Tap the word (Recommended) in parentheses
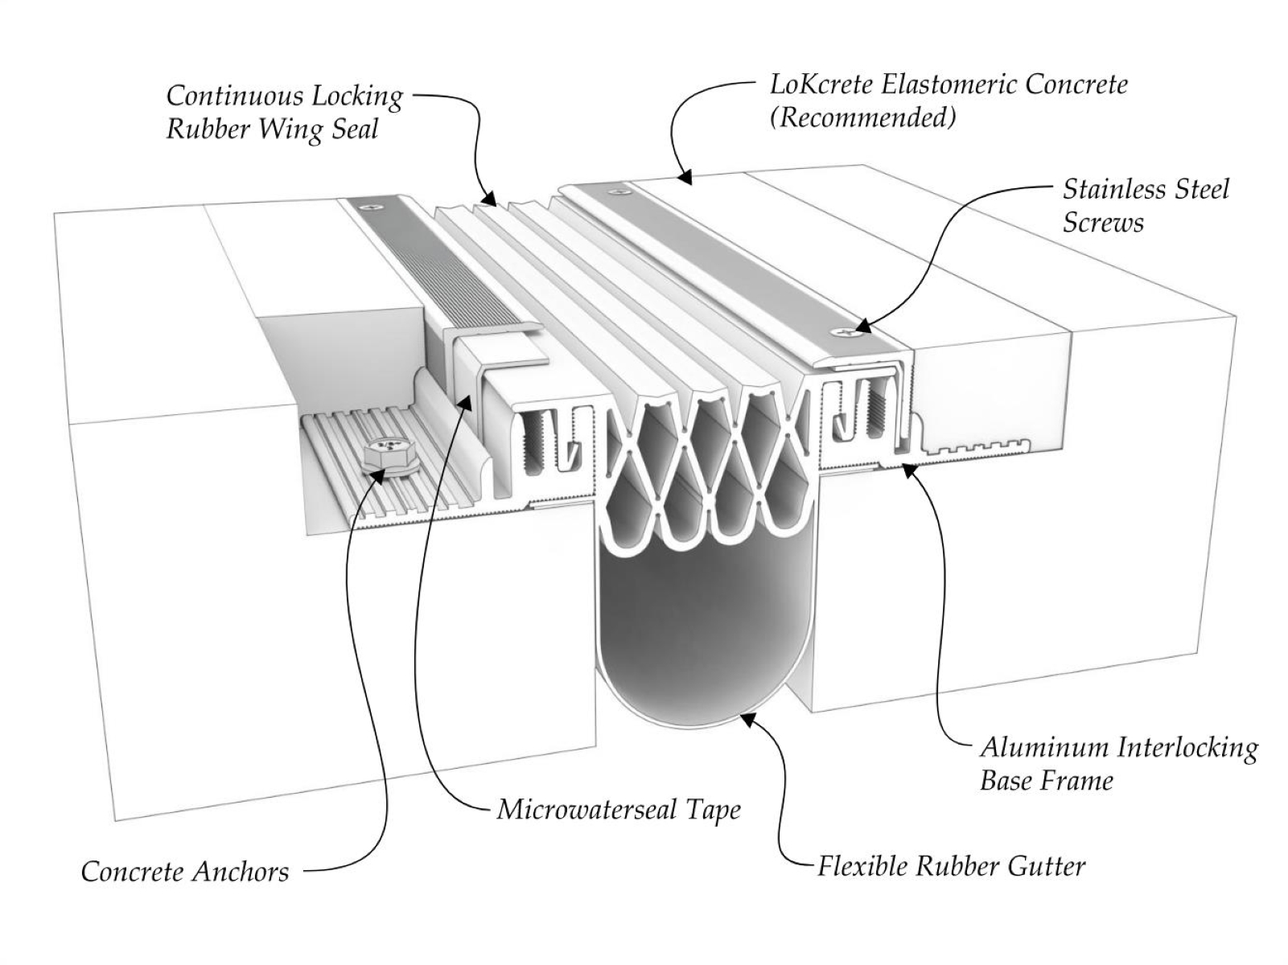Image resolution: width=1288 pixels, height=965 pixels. (863, 117)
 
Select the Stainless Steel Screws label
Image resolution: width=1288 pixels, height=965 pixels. (1146, 206)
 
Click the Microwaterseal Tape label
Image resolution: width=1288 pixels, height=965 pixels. (619, 809)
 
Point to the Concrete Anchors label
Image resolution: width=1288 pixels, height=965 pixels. (185, 872)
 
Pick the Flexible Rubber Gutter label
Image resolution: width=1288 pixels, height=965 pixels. (952, 866)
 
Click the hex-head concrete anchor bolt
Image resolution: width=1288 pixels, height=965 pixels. (385, 455)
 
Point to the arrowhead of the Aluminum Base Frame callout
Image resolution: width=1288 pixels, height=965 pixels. (905, 467)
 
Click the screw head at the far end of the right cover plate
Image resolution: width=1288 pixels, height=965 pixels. (618, 192)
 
